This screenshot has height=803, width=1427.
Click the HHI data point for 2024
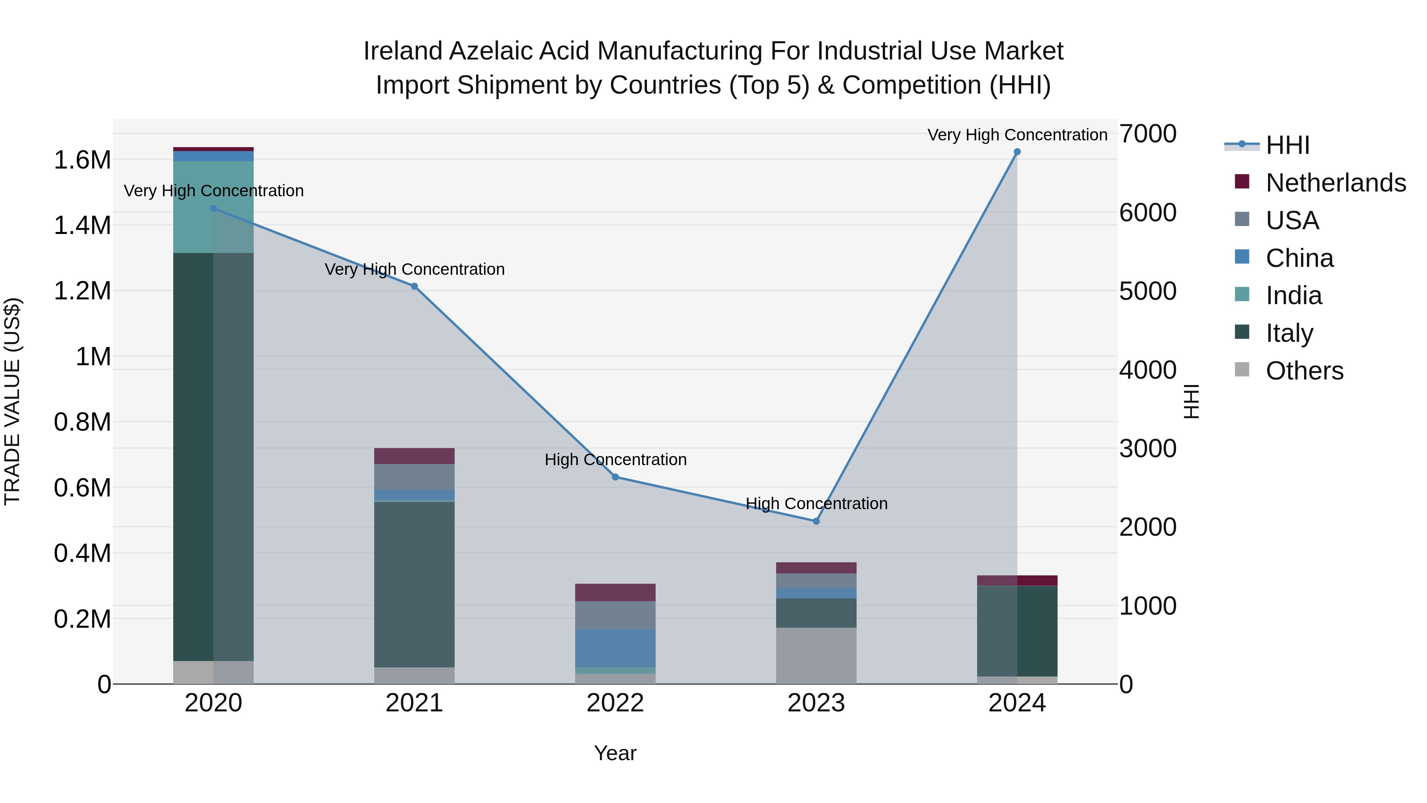coord(1017,152)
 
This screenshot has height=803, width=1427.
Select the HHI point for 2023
coord(816,521)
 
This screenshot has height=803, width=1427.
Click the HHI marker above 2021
coord(414,287)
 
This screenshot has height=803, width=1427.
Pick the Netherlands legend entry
coord(1335,183)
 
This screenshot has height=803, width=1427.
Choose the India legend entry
coord(1293,295)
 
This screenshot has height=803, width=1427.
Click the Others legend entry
coord(1304,371)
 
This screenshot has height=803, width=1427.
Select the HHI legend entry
coord(1287,145)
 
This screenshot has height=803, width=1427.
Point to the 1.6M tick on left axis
coord(82,160)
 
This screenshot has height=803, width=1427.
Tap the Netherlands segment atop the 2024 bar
coord(1017,580)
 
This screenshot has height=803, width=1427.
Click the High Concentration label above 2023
coord(816,504)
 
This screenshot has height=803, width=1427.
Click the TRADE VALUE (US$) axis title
coord(12,401)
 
